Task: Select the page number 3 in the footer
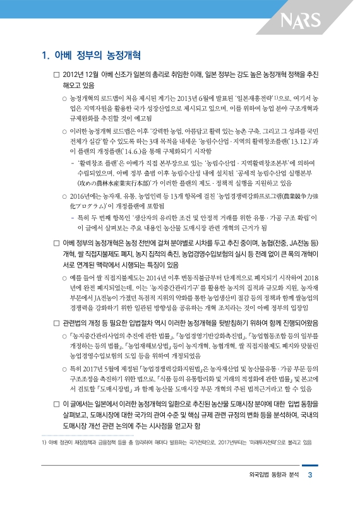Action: tap(310, 493)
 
